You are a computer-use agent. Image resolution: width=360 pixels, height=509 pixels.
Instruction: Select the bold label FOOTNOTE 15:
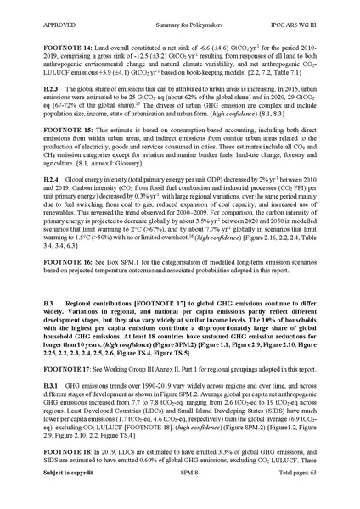[56, 132]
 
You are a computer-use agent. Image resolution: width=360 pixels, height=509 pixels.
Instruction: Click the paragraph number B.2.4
[42, 181]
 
